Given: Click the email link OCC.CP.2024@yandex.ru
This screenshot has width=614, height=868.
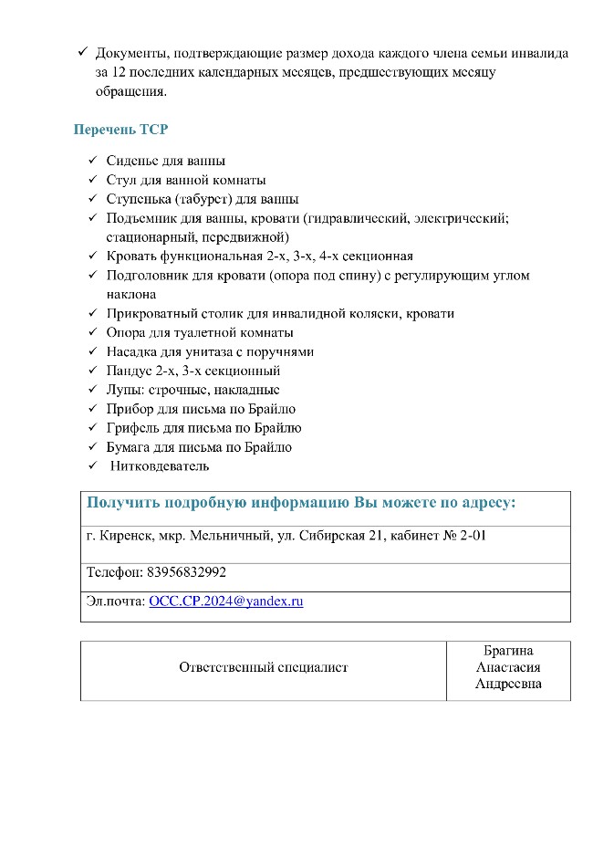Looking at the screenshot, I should pyautogui.click(x=225, y=601).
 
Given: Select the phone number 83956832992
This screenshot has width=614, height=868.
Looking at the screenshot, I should pyautogui.click(x=186, y=572).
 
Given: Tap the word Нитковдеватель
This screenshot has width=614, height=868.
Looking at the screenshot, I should pyautogui.click(x=160, y=466).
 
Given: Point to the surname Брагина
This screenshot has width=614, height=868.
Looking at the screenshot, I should pyautogui.click(x=508, y=651).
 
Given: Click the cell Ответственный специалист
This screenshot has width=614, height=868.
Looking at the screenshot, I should pyautogui.click(x=263, y=667).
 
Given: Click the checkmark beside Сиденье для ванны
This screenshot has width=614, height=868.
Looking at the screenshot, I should pyautogui.click(x=92, y=161).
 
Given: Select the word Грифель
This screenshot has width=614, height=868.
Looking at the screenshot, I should pyautogui.click(x=132, y=428).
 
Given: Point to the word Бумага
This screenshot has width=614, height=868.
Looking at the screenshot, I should pyautogui.click(x=130, y=447).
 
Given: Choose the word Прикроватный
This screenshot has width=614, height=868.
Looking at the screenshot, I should pyautogui.click(x=151, y=313).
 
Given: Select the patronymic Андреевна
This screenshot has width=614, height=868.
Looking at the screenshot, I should pyautogui.click(x=508, y=684).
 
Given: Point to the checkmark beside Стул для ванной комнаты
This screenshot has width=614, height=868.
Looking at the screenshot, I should pyautogui.click(x=92, y=180).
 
